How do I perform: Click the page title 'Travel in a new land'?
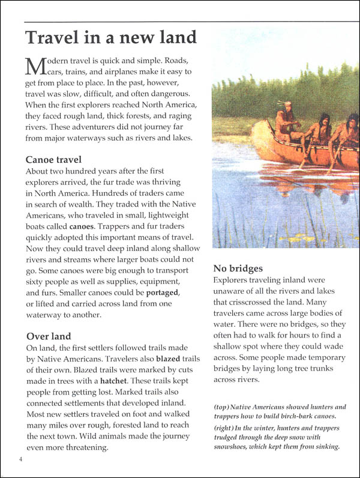(x=110, y=37)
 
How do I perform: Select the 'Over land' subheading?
(x=48, y=336)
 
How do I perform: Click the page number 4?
(x=20, y=461)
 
